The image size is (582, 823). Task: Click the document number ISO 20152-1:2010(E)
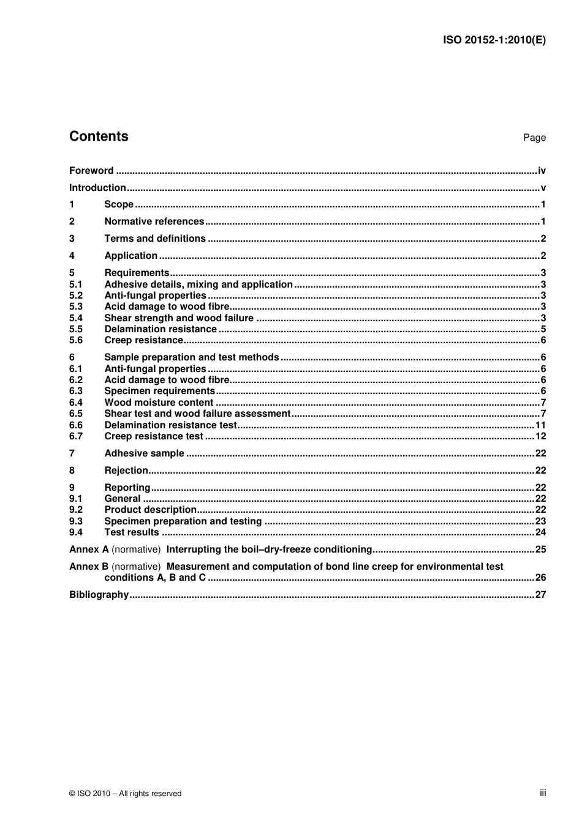click(494, 40)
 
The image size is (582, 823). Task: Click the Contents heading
click(99, 136)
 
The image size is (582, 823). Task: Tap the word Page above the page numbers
click(534, 138)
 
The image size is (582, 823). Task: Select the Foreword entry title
click(91, 171)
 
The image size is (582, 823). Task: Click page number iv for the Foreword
click(542, 171)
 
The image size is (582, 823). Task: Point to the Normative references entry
click(154, 222)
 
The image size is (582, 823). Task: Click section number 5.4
click(76, 318)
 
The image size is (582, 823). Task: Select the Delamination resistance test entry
click(170, 425)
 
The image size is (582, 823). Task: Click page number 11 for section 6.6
click(540, 425)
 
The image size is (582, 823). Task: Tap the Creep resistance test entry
click(153, 436)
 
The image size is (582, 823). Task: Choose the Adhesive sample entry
click(144, 453)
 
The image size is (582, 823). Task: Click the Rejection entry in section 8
click(126, 471)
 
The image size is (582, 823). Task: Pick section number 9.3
click(76, 521)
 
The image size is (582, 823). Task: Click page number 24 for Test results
click(540, 532)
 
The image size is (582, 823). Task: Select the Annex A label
click(89, 549)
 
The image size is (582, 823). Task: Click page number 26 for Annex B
click(540, 578)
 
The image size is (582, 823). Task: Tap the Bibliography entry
click(99, 595)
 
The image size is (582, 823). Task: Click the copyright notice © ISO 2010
click(125, 794)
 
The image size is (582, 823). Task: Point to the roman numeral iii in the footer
click(543, 793)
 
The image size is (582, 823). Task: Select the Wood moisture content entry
click(159, 403)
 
